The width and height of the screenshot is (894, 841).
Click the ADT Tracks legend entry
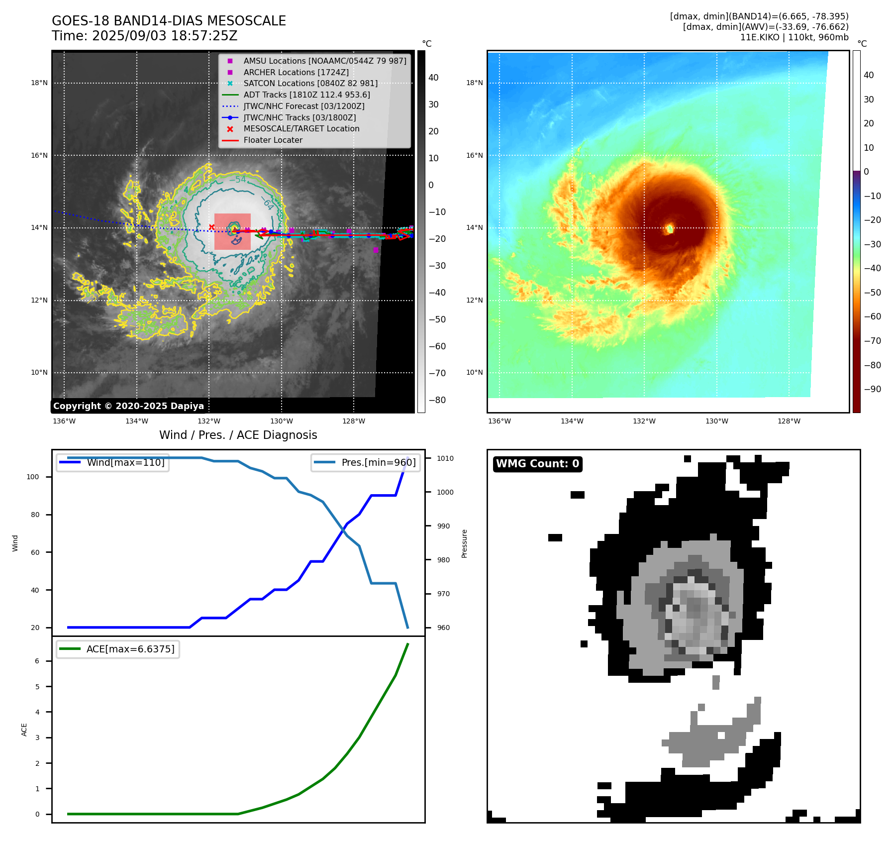306,95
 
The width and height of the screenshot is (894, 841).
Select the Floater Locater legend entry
273,140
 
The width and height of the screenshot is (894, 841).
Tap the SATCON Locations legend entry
310,83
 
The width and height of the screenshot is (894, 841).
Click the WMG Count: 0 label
537,464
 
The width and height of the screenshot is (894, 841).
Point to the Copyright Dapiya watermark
128,406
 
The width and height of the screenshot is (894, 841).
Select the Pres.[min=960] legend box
365,462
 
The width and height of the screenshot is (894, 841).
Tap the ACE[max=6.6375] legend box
118,649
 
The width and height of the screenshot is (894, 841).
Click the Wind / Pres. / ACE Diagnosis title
238,435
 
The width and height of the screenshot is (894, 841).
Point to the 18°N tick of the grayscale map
39,83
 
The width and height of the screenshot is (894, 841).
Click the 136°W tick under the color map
499,421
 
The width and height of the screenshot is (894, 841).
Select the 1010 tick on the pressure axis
445,458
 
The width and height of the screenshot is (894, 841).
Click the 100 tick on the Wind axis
33,477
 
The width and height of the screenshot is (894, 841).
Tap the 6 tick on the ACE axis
37,661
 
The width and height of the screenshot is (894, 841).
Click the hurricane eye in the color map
670,228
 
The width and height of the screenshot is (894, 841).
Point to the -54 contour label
237,180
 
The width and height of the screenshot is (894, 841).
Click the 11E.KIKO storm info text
794,37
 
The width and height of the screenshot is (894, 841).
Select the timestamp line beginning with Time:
145,36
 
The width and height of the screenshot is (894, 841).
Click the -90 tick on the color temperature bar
872,389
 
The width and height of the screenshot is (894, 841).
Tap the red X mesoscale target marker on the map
211,227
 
